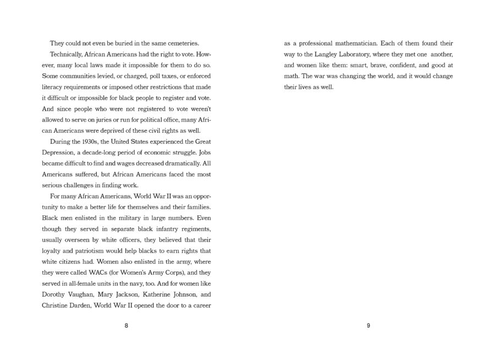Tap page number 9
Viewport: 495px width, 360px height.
(x=368, y=325)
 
